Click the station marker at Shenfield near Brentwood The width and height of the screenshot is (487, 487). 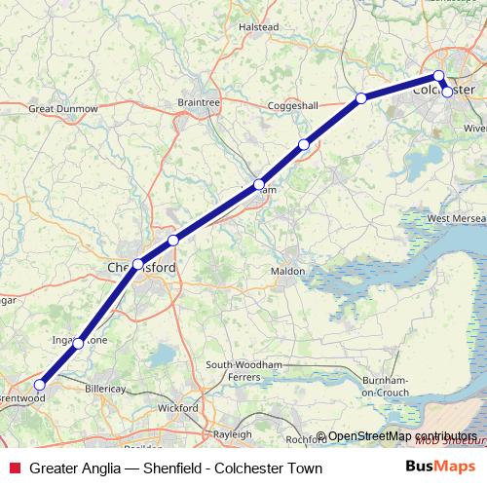click(x=39, y=385)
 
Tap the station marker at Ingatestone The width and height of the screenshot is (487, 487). click(x=79, y=343)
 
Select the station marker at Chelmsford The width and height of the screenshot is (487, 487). click(x=138, y=264)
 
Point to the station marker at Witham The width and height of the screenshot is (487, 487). click(x=259, y=184)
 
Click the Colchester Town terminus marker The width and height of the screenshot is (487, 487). click(x=447, y=92)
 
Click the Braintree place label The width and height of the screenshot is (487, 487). click(x=200, y=101)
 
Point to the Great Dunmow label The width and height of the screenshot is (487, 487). click(x=62, y=108)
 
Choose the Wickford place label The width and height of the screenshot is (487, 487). click(x=179, y=408)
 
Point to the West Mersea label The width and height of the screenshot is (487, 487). click(x=452, y=220)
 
